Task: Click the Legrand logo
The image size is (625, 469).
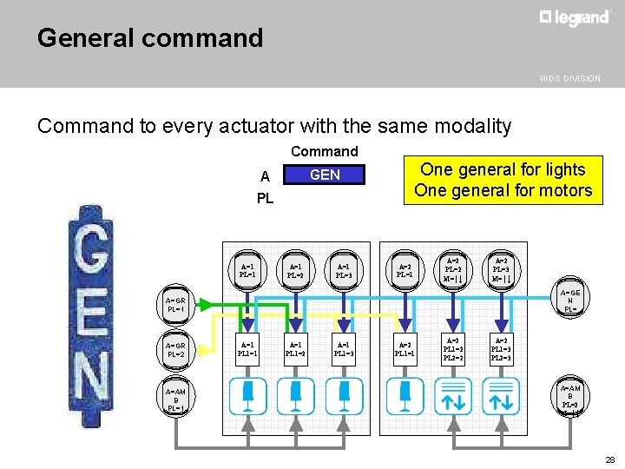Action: tap(575, 18)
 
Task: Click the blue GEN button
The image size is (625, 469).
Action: tap(325, 175)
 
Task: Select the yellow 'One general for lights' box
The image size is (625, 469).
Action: tap(503, 180)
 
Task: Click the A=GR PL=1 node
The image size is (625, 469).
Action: tap(176, 305)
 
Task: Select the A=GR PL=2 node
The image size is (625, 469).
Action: tap(176, 349)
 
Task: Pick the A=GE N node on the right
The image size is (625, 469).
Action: tap(569, 300)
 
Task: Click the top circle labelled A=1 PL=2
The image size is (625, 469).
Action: tap(295, 271)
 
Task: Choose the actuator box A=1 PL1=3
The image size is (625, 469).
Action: tap(345, 349)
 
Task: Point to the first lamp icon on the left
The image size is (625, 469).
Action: tap(247, 395)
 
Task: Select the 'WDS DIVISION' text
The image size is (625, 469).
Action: tap(569, 78)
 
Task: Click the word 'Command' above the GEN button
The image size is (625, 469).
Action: tap(325, 151)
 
